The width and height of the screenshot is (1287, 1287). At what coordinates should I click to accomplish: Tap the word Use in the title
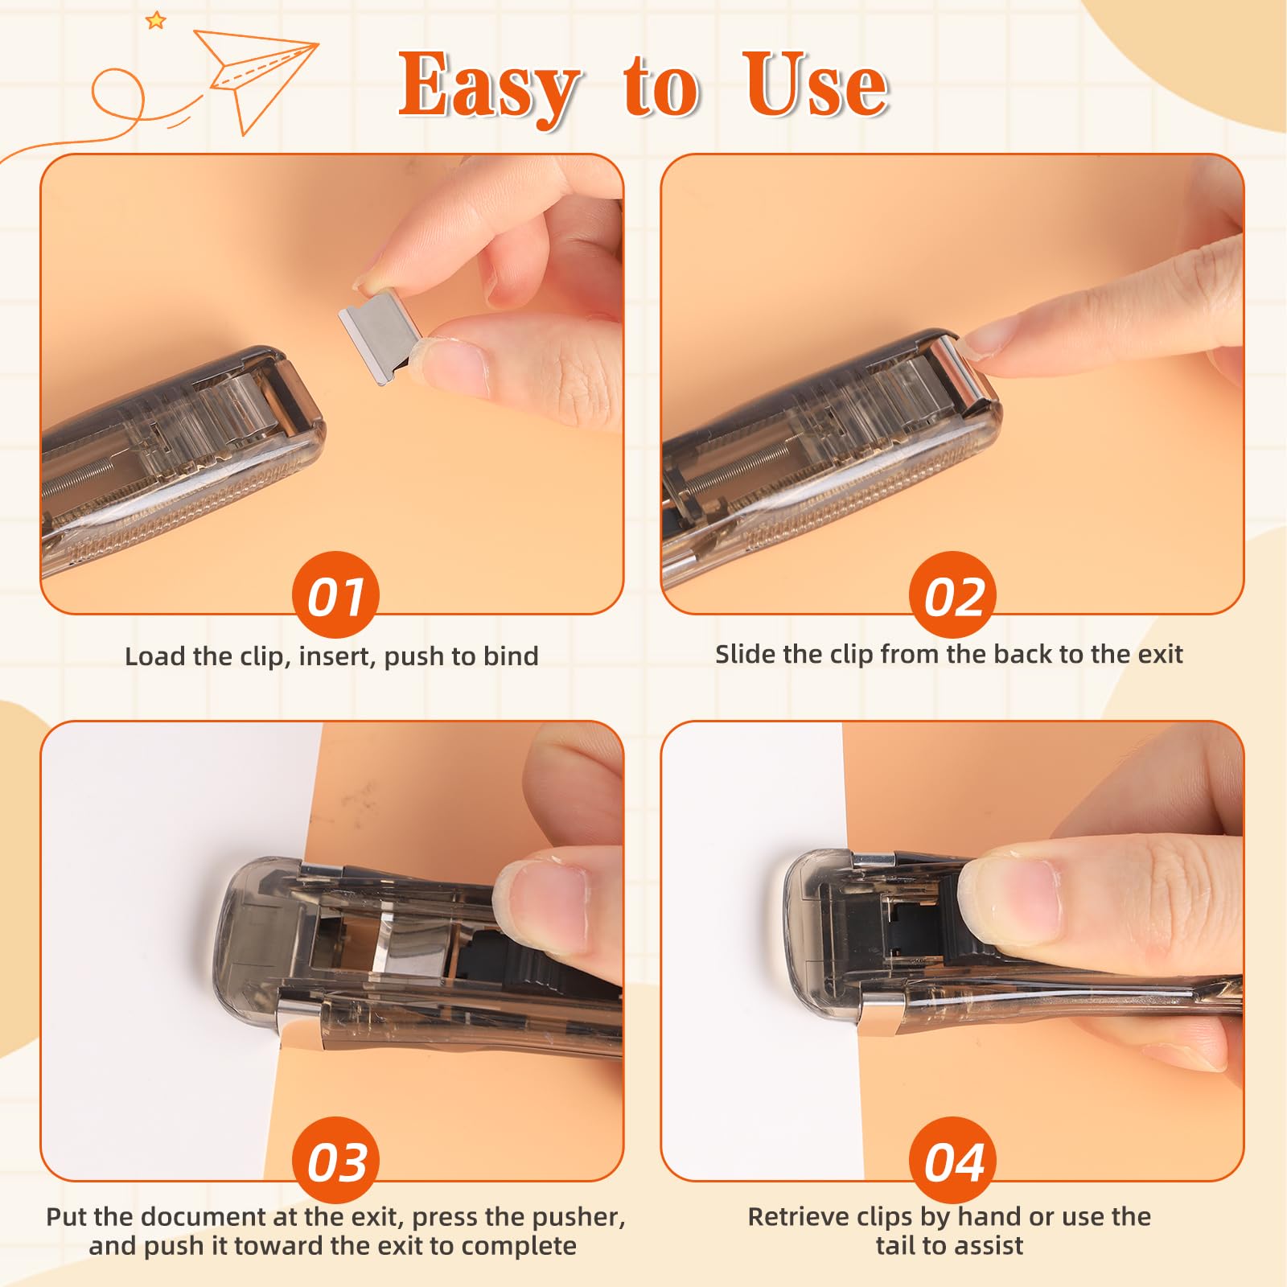pos(816,84)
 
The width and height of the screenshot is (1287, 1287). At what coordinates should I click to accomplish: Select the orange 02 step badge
pos(953,595)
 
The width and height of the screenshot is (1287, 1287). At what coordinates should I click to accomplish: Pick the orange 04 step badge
pos(953,1161)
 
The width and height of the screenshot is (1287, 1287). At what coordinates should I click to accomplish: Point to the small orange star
pos(155,20)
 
